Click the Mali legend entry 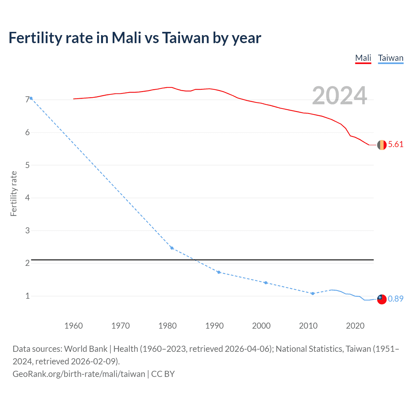coord(363,58)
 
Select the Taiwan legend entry coord(390,58)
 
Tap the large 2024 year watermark coord(339,96)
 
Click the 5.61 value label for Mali coord(396,145)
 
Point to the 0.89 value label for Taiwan coord(396,299)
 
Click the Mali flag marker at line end coord(382,145)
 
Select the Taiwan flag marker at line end coord(382,299)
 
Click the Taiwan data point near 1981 coord(172,248)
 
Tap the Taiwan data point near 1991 coord(219,272)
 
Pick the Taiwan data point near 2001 coord(266,283)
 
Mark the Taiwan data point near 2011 coord(313,294)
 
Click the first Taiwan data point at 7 coord(31,98)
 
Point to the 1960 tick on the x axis coord(74,326)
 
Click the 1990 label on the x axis coord(214,326)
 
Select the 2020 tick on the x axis coord(355,326)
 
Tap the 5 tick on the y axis coord(27,165)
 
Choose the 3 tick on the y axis coord(27,230)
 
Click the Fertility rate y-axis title coord(14,194)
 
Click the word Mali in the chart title coord(126,38)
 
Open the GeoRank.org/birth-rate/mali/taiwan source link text coord(79,374)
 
